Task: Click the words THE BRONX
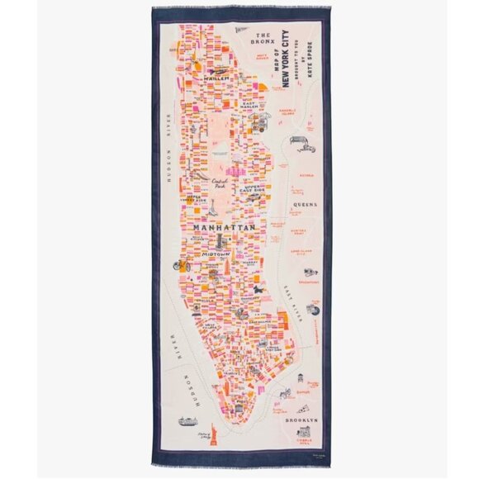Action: (263, 37)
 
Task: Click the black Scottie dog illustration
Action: (259, 294)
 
